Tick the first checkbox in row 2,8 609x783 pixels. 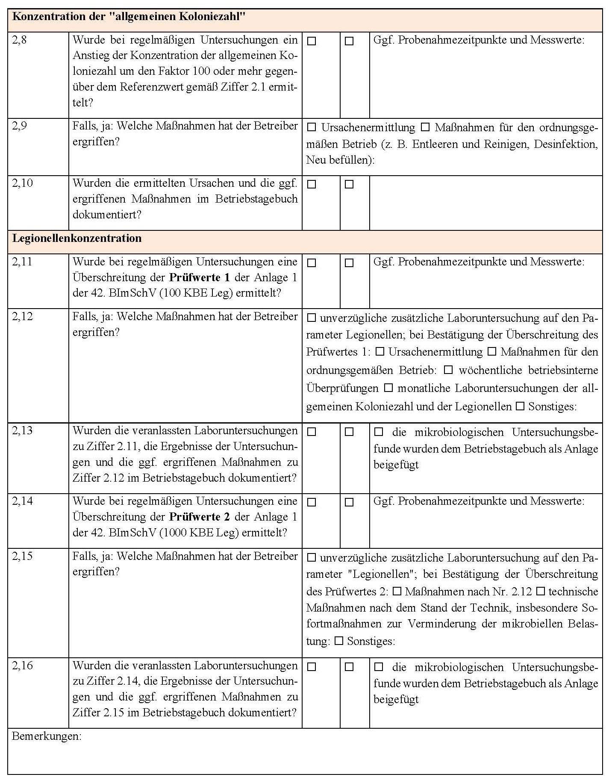312,41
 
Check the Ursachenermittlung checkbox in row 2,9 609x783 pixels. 312,127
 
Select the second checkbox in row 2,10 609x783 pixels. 349,185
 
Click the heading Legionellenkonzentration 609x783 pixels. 77,238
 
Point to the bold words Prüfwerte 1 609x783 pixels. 200,277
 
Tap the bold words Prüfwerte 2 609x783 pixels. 200,517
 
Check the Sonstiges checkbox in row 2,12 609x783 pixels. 520,406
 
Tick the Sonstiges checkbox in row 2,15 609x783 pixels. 339,641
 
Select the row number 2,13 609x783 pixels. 22,430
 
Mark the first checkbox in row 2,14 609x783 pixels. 312,502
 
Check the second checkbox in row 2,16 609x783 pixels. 349,667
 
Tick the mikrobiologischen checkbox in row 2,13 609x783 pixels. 379,432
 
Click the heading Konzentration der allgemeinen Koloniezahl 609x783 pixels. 128,17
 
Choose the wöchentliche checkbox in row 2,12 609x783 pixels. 448,370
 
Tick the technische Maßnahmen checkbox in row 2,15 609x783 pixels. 541,592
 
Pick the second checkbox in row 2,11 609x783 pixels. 349,263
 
